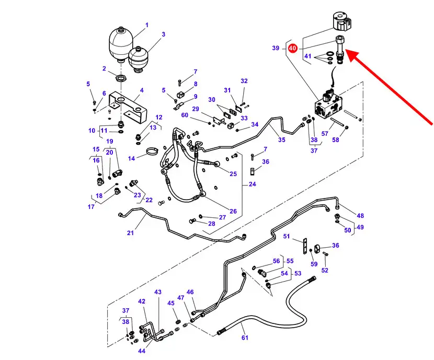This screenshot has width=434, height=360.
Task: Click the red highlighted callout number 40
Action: [292, 48]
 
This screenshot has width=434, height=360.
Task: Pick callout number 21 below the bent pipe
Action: [130, 233]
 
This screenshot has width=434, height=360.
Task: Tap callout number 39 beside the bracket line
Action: [276, 48]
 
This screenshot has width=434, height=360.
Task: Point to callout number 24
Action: [253, 184]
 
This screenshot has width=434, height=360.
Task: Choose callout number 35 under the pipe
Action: [281, 140]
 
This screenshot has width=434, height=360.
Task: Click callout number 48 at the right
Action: [360, 216]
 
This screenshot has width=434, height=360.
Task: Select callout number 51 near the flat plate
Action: [287, 237]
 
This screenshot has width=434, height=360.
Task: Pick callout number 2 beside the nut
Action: [104, 68]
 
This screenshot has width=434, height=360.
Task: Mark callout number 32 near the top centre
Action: [244, 81]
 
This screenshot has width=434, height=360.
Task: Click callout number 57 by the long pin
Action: [325, 134]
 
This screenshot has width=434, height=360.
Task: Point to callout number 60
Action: [184, 115]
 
